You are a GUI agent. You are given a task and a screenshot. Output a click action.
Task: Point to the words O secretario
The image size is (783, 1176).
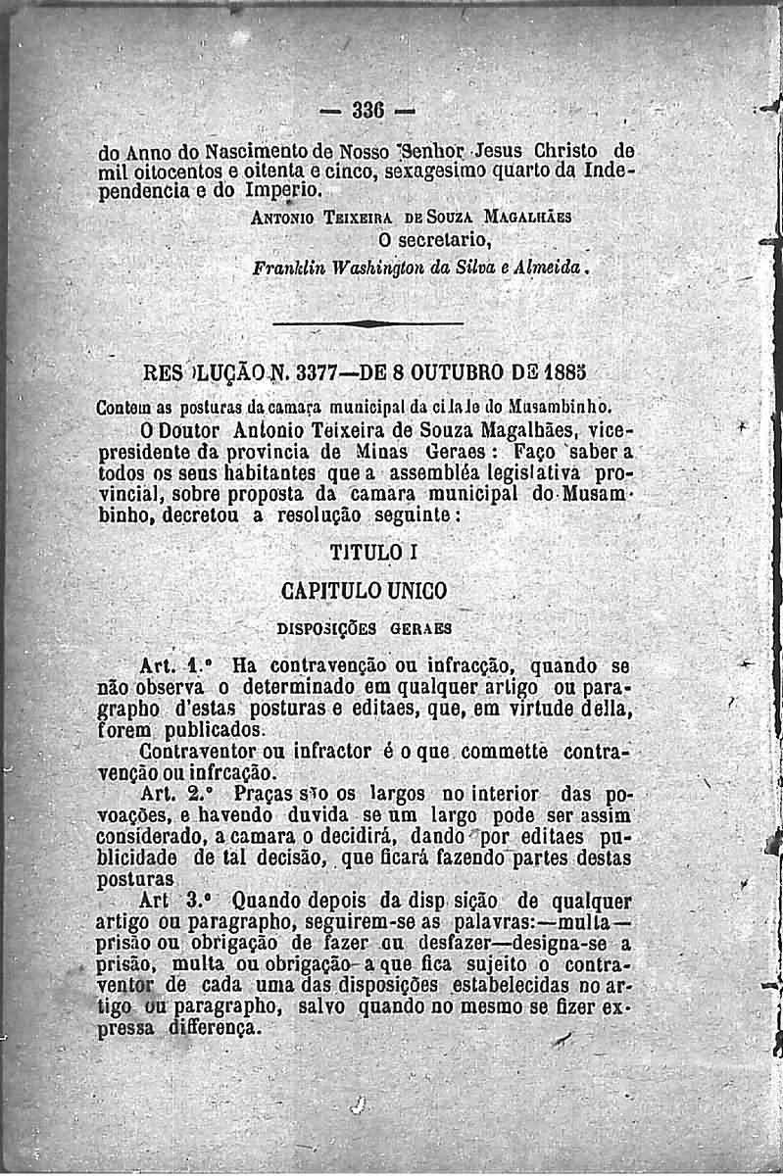click(x=433, y=240)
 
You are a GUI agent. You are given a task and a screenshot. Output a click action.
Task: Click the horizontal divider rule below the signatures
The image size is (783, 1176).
click(x=367, y=323)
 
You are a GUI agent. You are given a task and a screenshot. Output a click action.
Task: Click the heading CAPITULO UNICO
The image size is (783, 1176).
click(x=363, y=590)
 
